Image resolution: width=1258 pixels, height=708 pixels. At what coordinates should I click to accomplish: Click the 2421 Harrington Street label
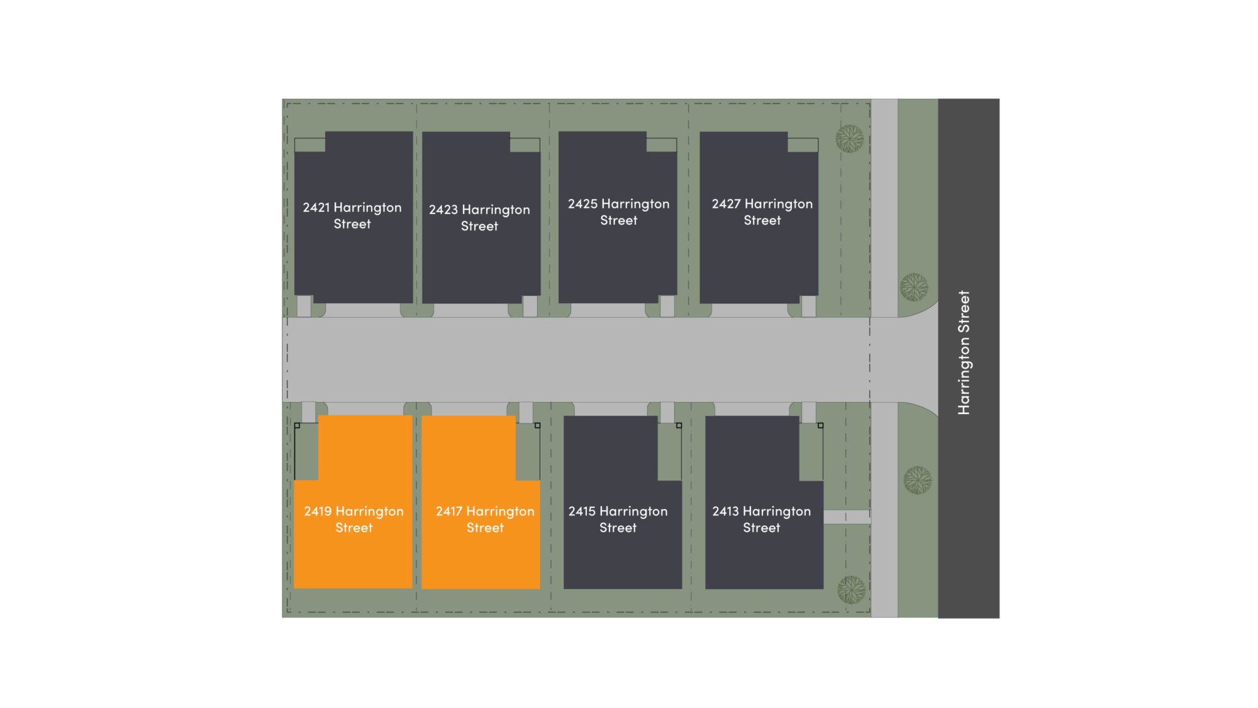point(352,215)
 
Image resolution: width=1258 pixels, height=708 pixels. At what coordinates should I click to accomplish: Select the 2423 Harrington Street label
point(479,218)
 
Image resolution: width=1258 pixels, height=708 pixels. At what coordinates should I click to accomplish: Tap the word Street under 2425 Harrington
point(619,220)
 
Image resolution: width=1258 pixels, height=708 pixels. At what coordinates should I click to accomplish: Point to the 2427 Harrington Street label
point(762,212)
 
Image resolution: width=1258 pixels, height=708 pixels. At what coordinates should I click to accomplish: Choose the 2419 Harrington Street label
point(354,519)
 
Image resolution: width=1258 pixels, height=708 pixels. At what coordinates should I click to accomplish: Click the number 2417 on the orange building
point(449,511)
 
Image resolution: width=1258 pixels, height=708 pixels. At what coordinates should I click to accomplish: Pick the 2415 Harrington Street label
point(618,519)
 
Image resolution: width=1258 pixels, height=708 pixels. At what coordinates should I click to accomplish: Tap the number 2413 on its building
point(725,511)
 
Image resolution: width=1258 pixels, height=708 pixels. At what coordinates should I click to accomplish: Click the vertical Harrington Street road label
point(964,352)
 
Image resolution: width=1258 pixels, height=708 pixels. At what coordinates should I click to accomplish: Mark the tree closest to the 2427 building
point(850,138)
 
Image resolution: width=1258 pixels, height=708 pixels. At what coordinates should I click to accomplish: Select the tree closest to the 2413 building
point(851,590)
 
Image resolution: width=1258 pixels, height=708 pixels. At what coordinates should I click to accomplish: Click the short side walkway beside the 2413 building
point(847,517)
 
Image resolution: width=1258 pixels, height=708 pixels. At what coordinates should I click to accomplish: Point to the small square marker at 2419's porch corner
point(297,425)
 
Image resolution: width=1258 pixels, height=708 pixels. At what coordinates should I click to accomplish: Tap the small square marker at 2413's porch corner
point(820,425)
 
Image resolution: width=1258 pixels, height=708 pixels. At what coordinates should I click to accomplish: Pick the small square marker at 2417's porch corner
point(537,425)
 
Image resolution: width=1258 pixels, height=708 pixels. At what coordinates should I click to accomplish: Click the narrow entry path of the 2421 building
point(304,306)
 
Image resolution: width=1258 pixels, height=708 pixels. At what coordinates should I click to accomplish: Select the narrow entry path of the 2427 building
point(809,306)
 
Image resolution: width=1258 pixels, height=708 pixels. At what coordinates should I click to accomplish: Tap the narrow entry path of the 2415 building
point(667,412)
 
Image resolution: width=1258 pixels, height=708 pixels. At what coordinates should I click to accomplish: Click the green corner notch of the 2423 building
point(525,145)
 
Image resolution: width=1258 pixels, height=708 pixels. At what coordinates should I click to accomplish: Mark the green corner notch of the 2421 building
point(309,145)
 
